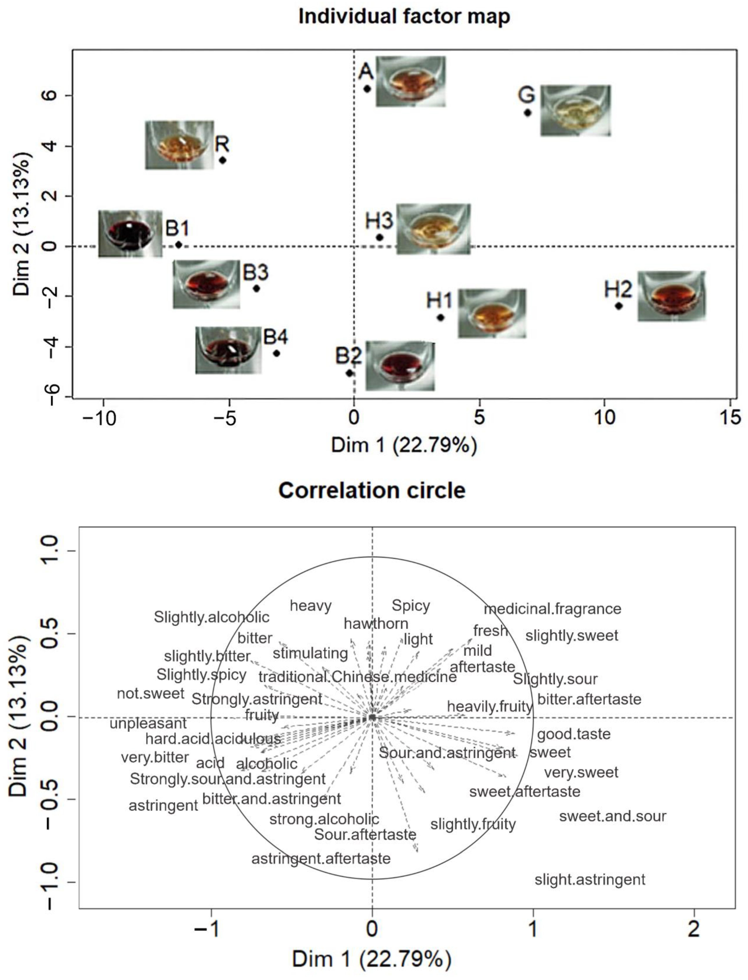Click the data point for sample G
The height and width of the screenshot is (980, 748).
click(x=528, y=113)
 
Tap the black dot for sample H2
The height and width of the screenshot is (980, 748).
click(x=618, y=306)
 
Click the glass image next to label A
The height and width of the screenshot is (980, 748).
click(x=410, y=81)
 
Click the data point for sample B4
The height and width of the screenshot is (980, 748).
click(x=276, y=353)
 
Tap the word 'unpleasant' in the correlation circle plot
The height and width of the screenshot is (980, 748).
click(x=148, y=723)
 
